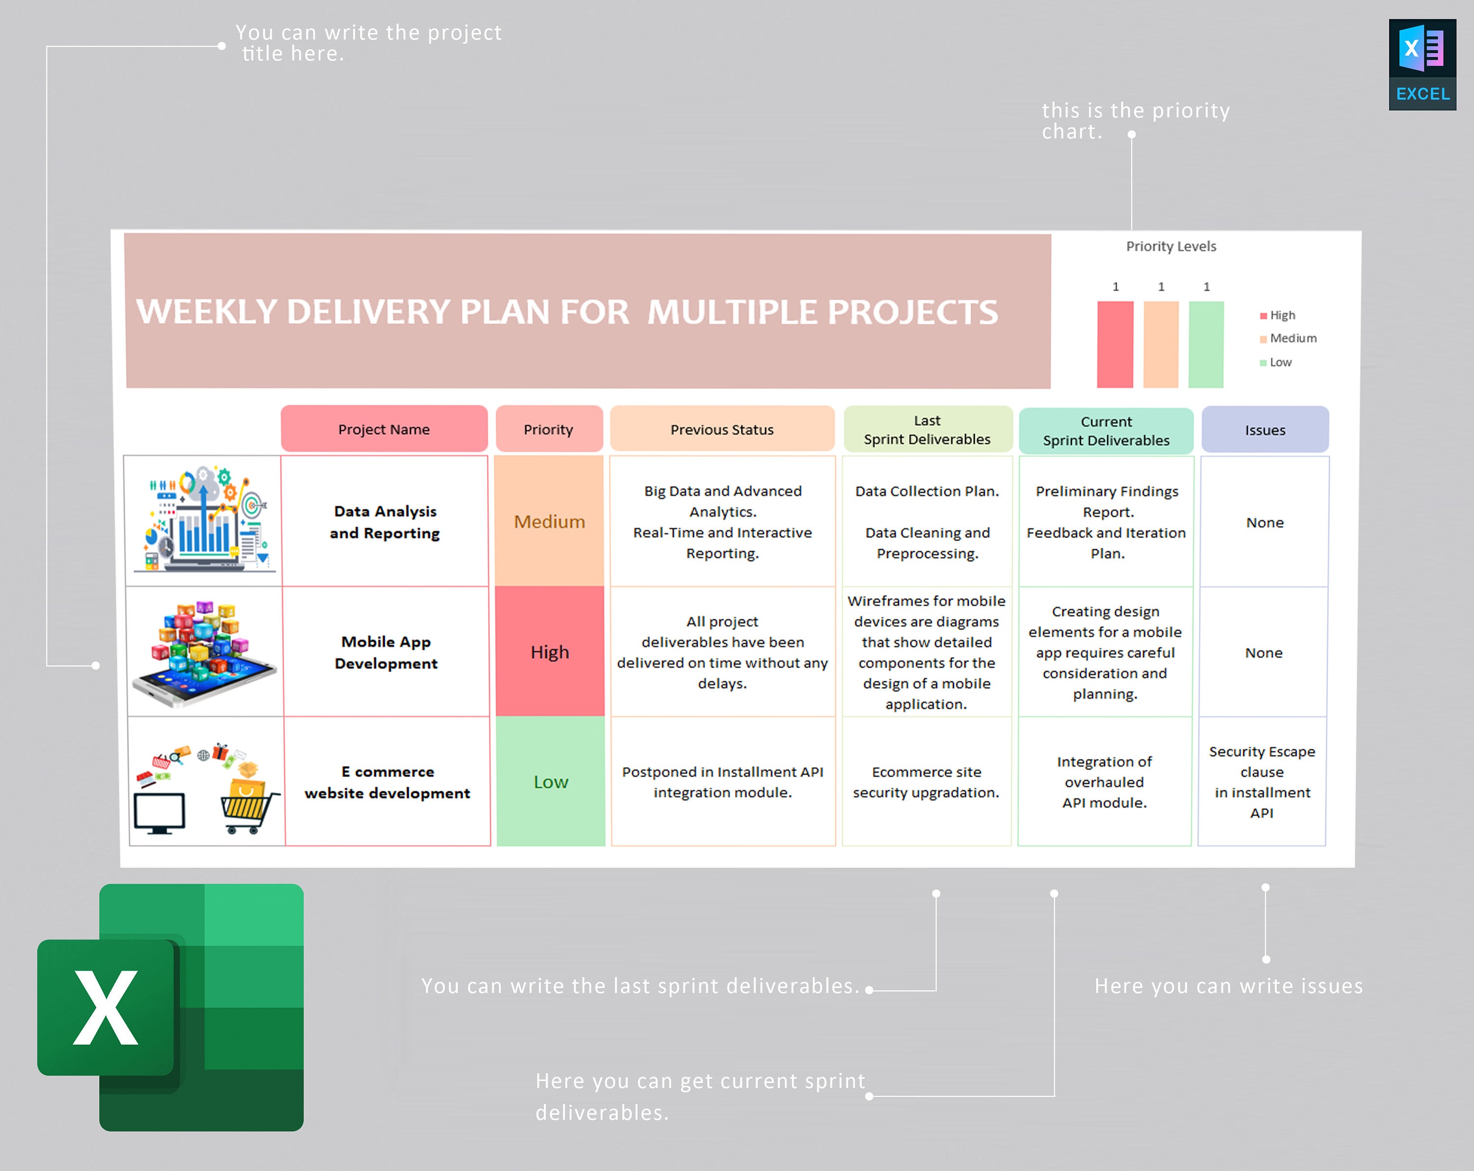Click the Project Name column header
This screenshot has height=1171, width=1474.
[x=384, y=429]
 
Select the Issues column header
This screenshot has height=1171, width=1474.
[x=1265, y=430]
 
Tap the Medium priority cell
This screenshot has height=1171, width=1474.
[x=549, y=522]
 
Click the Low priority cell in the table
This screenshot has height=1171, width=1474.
[x=550, y=781]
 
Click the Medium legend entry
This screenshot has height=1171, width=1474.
[x=1292, y=338]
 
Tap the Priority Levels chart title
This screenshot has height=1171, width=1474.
[x=1171, y=246]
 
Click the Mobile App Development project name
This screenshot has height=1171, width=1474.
[x=386, y=652]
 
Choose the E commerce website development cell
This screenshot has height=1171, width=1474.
[x=387, y=782]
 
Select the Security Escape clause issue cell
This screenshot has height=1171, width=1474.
[x=1262, y=782]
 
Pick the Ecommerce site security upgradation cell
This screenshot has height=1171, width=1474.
[x=926, y=782]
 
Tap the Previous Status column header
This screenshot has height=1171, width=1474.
[x=722, y=429]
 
